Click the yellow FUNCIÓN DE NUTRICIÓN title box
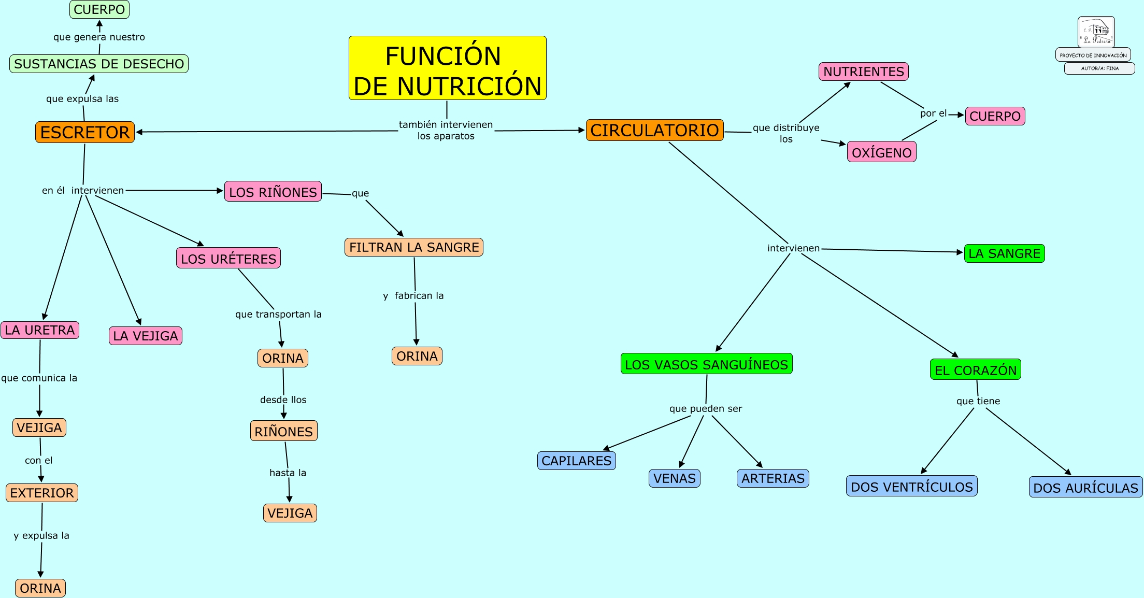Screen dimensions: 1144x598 click(448, 68)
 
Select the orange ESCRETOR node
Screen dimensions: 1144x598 click(85, 132)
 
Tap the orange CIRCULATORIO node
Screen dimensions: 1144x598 click(655, 130)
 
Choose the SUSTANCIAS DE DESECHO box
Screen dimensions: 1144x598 click(99, 64)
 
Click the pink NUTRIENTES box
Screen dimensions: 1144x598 click(864, 72)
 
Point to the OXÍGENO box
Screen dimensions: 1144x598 click(882, 152)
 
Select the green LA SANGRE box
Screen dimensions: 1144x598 click(1005, 253)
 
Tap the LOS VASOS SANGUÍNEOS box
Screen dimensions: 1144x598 click(707, 364)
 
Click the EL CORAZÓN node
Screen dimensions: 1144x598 click(976, 370)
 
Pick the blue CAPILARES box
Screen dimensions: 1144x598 click(577, 461)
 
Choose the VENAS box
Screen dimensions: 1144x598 click(675, 478)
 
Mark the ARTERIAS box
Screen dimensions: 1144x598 click(773, 478)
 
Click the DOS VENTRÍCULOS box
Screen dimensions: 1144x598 click(912, 487)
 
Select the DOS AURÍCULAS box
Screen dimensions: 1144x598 click(1086, 488)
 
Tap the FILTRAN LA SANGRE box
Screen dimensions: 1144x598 click(414, 247)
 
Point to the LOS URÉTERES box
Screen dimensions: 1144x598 click(228, 258)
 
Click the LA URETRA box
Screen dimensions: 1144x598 click(40, 330)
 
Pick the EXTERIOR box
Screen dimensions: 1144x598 click(42, 493)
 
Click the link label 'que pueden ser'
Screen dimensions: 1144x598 click(706, 408)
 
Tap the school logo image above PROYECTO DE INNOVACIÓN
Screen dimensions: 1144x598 click(1096, 32)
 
